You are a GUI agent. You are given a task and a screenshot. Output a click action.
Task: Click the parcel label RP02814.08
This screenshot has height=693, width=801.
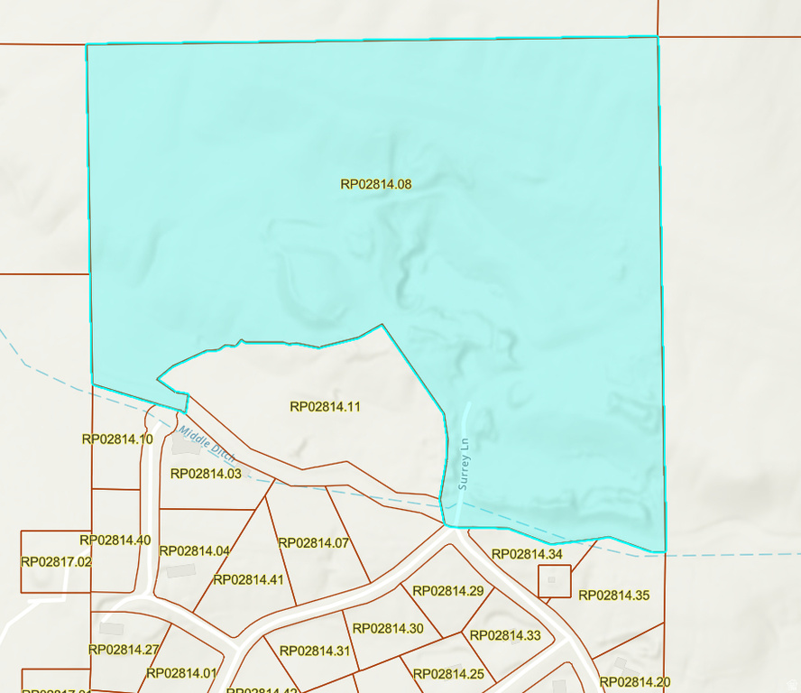[376, 184]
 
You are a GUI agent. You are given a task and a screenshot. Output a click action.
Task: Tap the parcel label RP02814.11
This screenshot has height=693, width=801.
[326, 407]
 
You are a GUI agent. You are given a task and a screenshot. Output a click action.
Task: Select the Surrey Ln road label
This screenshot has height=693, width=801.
[465, 464]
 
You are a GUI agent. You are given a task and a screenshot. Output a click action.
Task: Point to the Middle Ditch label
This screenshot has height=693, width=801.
[207, 444]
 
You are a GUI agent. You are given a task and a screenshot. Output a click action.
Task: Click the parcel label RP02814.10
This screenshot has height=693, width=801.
[117, 439]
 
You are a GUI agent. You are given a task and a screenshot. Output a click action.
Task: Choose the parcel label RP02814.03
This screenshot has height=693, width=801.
[206, 474]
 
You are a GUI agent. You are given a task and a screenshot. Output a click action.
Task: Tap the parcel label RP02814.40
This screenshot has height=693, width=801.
[115, 541]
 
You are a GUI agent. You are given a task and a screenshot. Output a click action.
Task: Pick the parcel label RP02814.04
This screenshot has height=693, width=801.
[195, 551]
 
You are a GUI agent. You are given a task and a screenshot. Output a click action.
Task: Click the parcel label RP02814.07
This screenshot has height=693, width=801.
[314, 543]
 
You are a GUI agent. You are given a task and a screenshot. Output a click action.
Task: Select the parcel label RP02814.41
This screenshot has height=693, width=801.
[248, 580]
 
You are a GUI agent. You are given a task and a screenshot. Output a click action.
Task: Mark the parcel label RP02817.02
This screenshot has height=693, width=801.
[56, 561]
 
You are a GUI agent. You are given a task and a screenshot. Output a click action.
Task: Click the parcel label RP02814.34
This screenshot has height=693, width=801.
[527, 554]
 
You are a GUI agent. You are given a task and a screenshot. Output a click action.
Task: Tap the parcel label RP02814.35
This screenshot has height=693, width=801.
[613, 596]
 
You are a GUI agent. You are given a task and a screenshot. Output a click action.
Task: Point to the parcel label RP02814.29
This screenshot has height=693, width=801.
[448, 591]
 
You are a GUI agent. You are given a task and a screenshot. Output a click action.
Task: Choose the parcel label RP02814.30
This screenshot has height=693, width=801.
[388, 629]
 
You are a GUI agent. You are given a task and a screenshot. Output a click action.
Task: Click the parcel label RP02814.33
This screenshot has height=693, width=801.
[505, 635]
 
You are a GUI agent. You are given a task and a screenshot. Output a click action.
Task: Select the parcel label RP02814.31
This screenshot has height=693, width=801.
[315, 651]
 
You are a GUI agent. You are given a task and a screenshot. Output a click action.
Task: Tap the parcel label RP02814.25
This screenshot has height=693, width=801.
[448, 674]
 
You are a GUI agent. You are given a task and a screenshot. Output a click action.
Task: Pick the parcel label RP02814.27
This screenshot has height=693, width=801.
[124, 650]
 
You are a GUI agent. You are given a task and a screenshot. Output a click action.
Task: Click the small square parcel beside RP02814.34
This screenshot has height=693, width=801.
[555, 581]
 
